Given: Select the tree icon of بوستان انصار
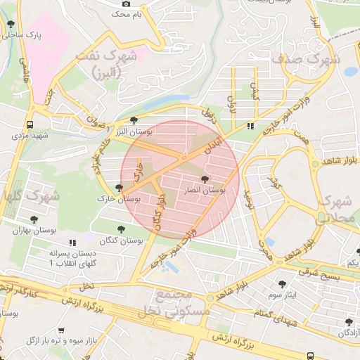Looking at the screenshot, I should tap(205, 180).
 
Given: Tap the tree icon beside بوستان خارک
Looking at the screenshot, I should tap(119, 188).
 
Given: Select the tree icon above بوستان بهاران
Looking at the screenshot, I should tap(34, 219).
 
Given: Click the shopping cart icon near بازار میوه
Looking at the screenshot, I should tap(61, 330).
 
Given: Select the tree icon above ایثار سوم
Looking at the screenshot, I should tap(282, 284).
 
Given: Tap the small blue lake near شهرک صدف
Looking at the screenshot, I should tap(350, 71).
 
